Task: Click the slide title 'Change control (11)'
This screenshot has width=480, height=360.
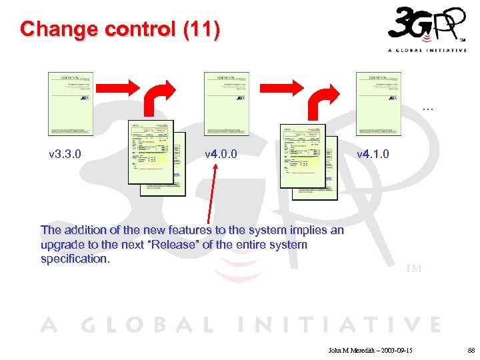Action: pos(119,29)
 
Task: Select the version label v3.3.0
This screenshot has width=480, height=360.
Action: pos(66,155)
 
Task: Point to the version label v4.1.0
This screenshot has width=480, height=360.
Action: pos(373,155)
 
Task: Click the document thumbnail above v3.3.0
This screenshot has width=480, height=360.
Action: pos(71,103)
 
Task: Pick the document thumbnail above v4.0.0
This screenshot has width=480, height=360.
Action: pos(226,103)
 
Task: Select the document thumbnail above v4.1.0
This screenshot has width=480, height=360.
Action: pos(378,103)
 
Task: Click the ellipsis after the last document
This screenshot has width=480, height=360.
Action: pos(427,107)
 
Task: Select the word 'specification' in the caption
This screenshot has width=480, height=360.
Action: pos(75,259)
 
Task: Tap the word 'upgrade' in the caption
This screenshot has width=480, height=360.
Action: pos(61,245)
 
